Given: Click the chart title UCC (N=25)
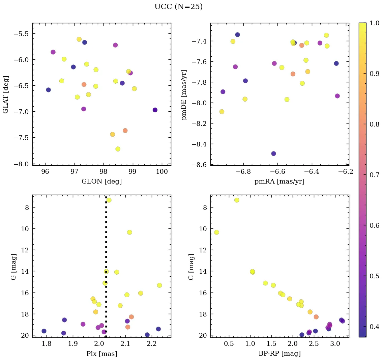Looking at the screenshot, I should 178,7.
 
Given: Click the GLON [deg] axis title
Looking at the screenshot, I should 101,182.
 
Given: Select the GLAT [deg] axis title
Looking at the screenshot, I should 6,94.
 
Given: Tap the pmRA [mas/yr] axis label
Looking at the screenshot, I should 279,182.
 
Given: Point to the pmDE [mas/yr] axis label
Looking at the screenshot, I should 184,94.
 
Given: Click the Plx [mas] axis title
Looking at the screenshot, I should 101,354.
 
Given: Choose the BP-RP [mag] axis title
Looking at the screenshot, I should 279,354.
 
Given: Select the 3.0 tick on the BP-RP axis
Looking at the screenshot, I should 335,344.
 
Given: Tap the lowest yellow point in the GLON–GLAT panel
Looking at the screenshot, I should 118,149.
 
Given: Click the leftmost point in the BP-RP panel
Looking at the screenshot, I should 216,232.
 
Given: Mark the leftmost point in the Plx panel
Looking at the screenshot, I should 44,331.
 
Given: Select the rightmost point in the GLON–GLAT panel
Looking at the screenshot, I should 155,110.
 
